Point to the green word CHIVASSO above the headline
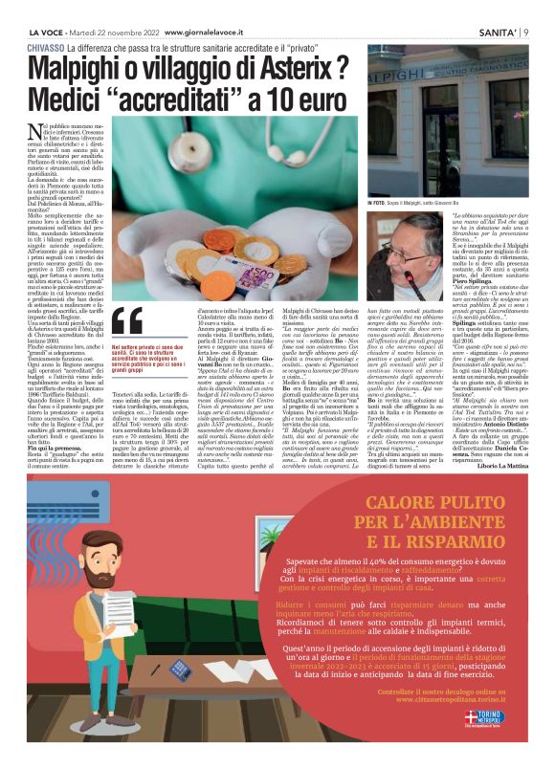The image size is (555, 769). tap(48, 47)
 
